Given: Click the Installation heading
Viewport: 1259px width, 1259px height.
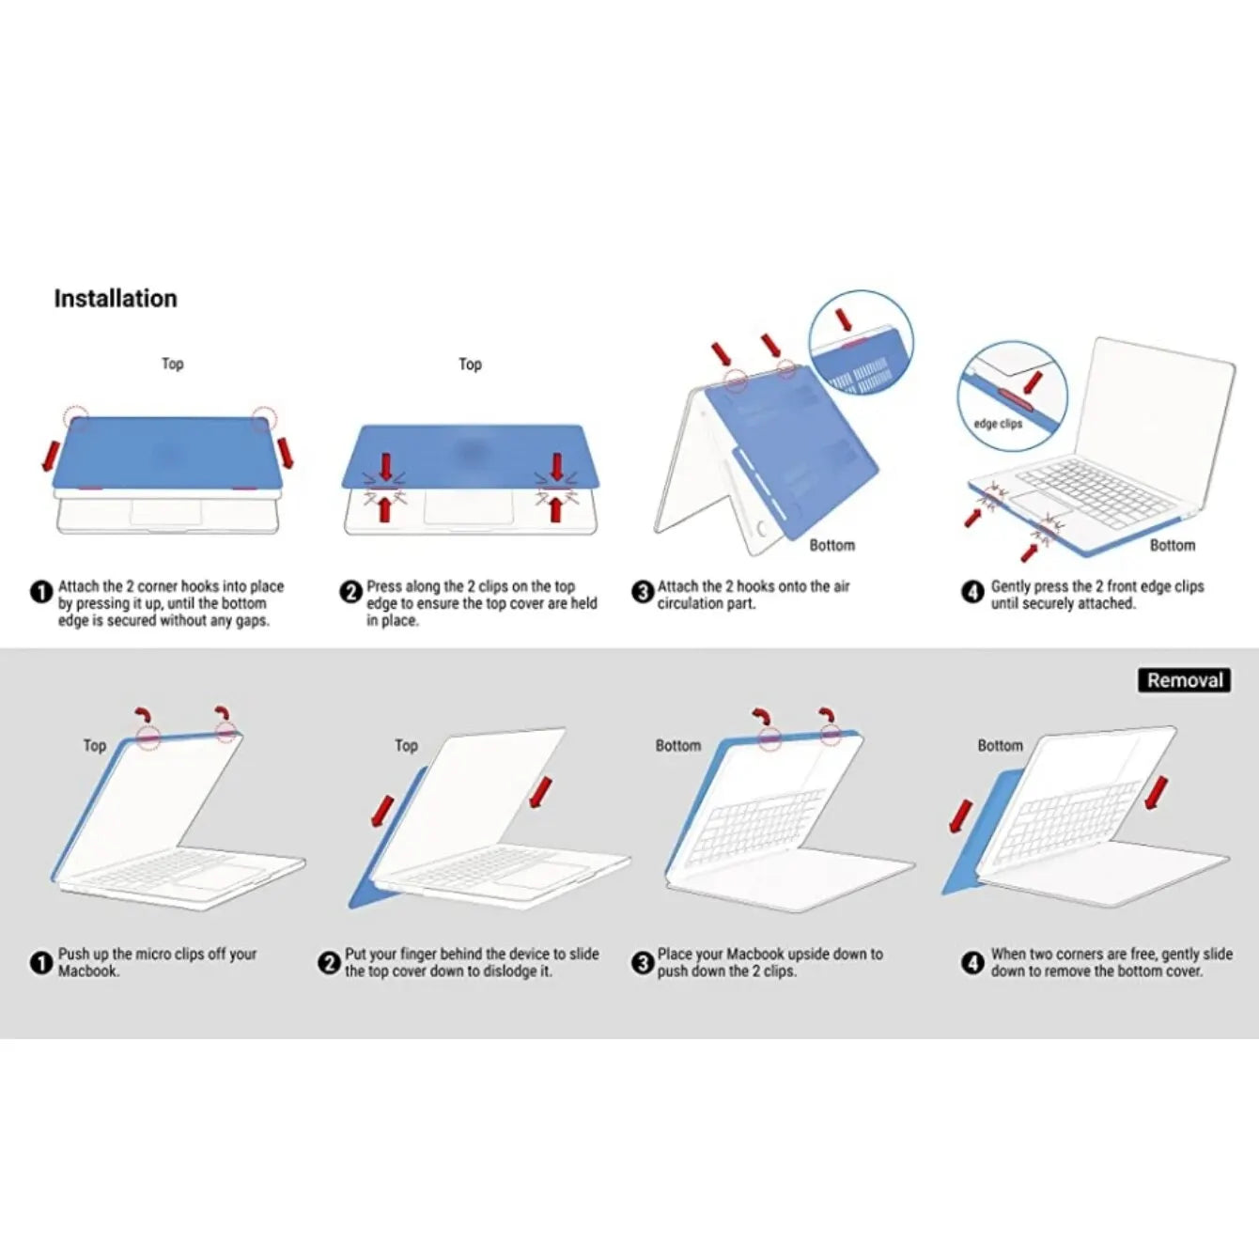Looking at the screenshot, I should point(115,299).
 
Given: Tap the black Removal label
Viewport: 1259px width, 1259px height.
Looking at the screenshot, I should point(1185,680).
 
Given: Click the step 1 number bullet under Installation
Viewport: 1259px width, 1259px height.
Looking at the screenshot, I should point(41,592).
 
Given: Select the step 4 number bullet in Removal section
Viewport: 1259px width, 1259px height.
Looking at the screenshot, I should point(972,963).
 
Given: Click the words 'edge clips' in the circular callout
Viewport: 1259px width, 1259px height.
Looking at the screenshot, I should point(998,424).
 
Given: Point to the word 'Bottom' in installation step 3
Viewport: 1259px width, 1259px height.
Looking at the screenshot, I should point(832,545).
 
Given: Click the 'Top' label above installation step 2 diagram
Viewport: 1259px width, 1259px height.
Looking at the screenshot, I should point(470,364).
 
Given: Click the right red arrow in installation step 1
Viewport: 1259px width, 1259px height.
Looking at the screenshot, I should point(286,453).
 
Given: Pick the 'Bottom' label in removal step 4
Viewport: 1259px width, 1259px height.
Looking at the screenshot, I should point(1000,745).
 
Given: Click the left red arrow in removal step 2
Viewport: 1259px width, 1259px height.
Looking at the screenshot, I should point(381,811).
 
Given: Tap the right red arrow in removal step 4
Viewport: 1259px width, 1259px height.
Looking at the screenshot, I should point(1157,793).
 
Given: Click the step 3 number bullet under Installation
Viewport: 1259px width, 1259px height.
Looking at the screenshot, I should point(643,592).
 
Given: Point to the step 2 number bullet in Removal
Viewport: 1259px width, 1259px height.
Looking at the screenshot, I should point(329,963).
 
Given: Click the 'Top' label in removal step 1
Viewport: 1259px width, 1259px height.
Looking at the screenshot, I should point(95,745).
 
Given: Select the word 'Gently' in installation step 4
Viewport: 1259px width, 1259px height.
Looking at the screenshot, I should point(1012,586).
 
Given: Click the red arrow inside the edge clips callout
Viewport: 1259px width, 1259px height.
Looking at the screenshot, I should point(1032,382).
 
